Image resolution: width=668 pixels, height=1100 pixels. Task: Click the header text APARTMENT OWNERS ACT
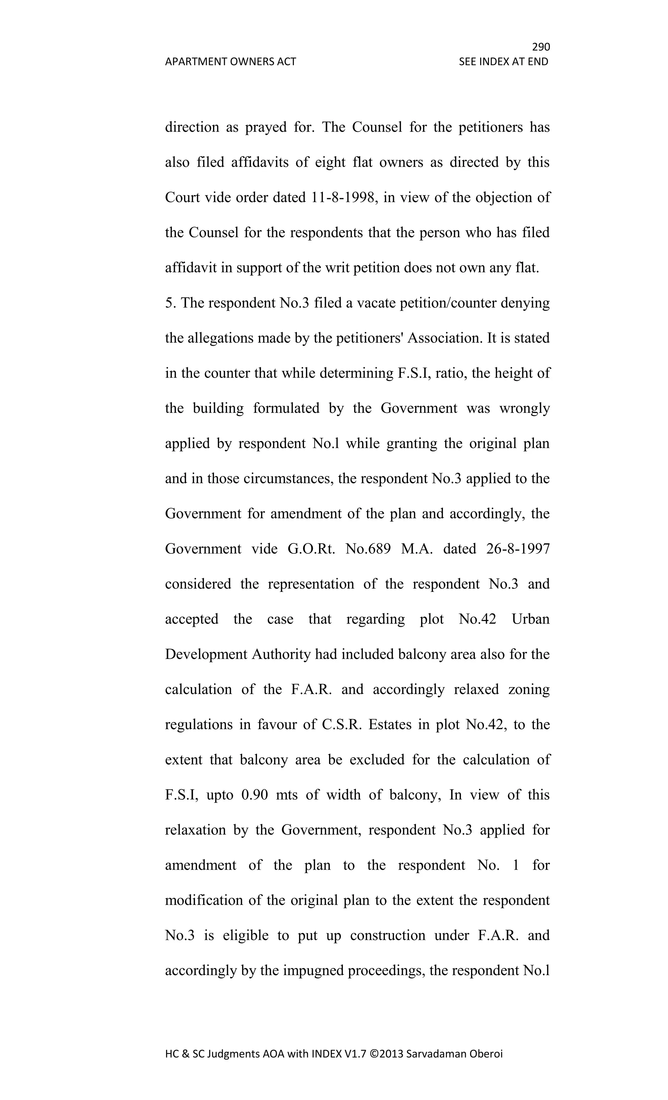230,62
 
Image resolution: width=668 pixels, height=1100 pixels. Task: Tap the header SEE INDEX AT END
503,62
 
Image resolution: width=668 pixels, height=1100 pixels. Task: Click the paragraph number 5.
169,303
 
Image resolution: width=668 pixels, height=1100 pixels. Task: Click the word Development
206,654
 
